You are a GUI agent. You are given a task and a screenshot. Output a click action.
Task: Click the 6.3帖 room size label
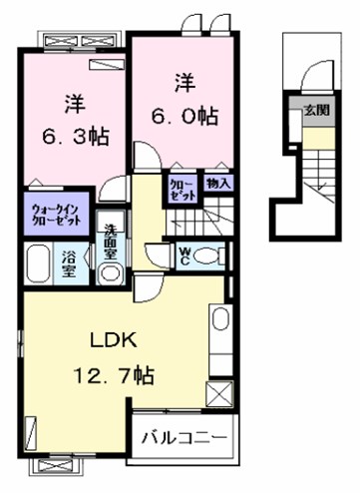[x=76, y=136]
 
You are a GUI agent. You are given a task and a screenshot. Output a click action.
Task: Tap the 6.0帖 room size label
[x=184, y=117]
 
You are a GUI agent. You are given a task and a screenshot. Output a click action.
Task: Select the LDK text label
[x=114, y=340]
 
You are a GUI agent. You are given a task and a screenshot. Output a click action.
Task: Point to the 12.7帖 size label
[x=114, y=375]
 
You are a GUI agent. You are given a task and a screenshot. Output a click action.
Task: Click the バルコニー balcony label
[x=184, y=437]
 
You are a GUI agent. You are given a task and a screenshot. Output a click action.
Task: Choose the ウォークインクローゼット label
[x=56, y=215]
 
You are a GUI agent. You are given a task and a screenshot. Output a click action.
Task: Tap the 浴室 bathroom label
[x=70, y=263]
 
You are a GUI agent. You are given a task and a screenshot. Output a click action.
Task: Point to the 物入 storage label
[x=218, y=183]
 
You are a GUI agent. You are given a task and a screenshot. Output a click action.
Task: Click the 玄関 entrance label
[x=317, y=111]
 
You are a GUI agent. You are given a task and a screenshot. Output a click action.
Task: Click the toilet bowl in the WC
[x=205, y=256]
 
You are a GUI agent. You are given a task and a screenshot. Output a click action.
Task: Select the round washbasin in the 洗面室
[x=111, y=273]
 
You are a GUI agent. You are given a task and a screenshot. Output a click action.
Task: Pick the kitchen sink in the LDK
[x=221, y=318]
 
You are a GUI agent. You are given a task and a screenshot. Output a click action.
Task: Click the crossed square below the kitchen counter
[x=219, y=394]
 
